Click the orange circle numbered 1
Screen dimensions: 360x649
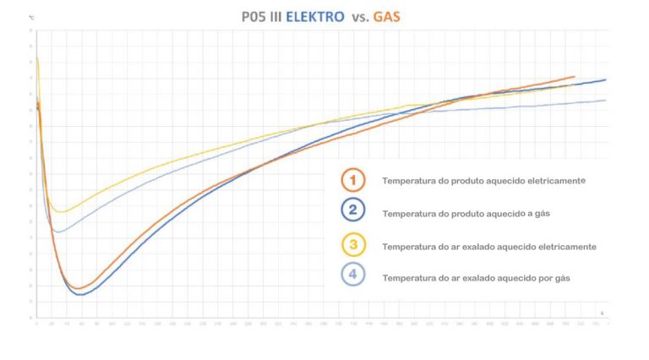pos(352,180)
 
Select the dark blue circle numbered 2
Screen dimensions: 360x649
pos(352,212)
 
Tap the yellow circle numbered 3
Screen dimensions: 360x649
pos(352,245)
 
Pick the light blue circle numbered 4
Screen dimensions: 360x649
pos(352,276)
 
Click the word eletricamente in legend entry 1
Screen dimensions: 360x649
pos(556,181)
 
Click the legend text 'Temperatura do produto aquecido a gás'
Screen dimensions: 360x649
pos(466,214)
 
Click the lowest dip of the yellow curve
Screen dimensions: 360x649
pos(60,212)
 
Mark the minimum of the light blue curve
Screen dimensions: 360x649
pos(57,232)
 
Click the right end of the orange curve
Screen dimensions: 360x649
pos(575,76)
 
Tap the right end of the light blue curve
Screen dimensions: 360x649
pos(606,100)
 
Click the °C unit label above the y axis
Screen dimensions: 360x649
pos(31,16)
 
